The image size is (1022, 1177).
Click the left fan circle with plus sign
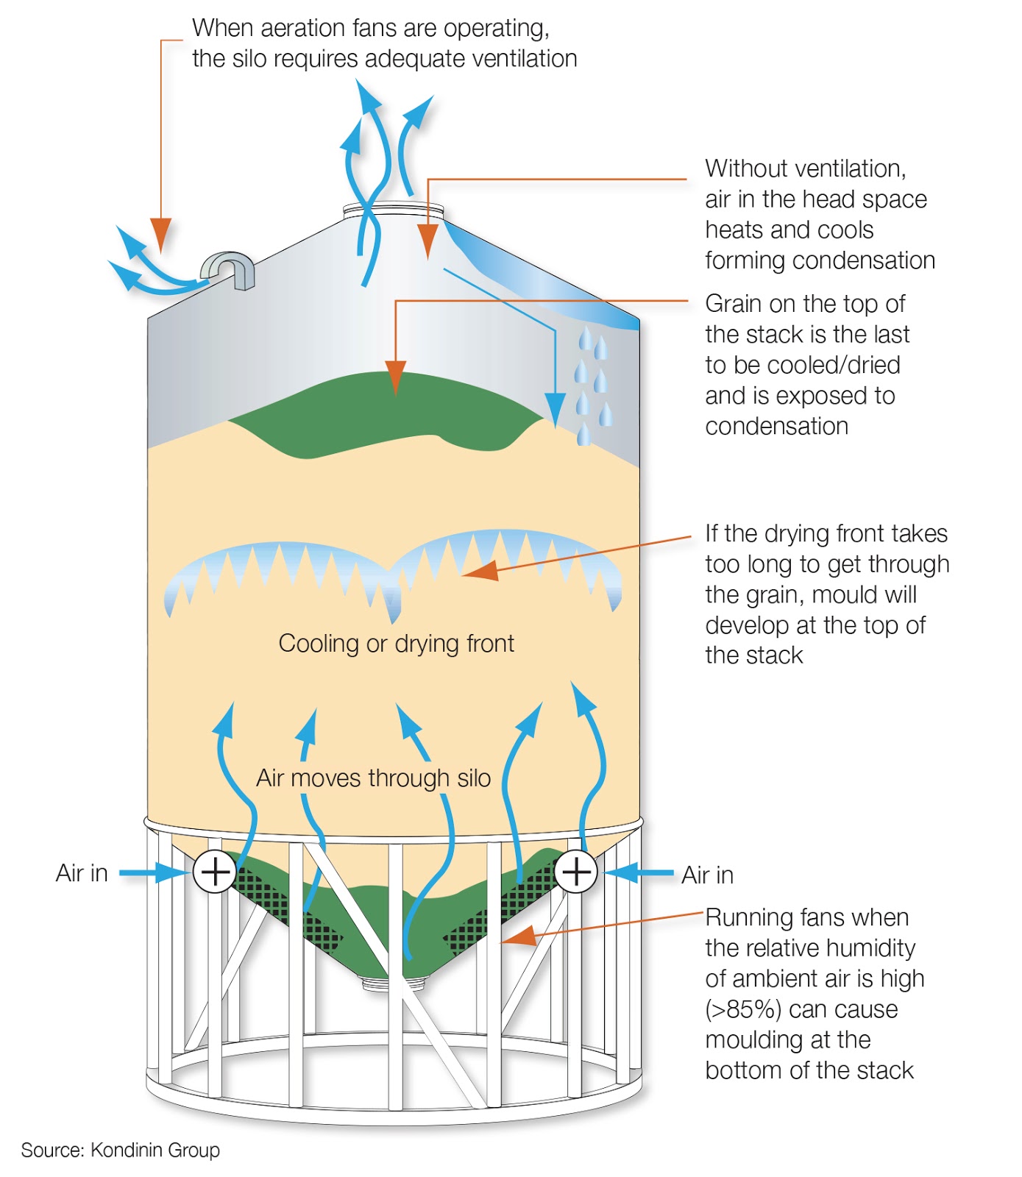(x=215, y=872)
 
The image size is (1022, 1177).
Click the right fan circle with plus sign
(x=575, y=872)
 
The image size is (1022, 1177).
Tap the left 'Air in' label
(x=82, y=873)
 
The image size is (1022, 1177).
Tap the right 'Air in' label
(x=707, y=875)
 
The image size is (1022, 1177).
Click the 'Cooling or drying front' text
(x=396, y=644)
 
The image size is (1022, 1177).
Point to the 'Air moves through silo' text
(x=373, y=778)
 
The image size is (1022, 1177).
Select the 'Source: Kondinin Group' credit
(x=120, y=1150)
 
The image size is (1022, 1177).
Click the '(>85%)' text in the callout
(x=742, y=1009)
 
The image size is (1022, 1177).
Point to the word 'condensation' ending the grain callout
(x=776, y=426)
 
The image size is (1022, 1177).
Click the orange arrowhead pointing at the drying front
(x=480, y=569)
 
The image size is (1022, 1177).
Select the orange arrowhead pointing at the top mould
(x=396, y=377)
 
